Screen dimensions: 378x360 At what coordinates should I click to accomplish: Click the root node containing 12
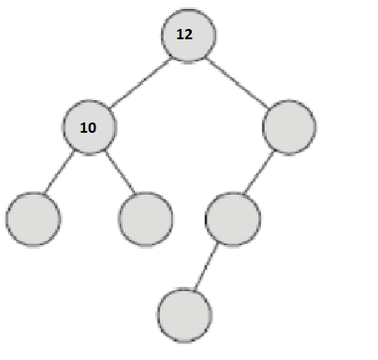coord(189,36)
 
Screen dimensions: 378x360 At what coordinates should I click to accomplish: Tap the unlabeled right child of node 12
coord(289,125)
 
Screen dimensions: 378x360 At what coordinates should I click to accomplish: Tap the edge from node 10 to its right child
coord(119,171)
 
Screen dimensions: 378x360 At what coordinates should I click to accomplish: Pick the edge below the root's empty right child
coord(261,171)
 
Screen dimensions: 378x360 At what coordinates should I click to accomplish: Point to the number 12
coord(184,34)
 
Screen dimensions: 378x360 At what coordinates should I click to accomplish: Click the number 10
coord(89,125)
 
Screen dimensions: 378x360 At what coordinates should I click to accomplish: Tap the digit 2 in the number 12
coord(188,34)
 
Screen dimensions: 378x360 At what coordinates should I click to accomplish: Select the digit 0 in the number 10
coord(93,125)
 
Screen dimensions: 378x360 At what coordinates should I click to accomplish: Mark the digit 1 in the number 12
coord(180,34)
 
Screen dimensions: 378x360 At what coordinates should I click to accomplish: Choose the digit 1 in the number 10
coord(84,125)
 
